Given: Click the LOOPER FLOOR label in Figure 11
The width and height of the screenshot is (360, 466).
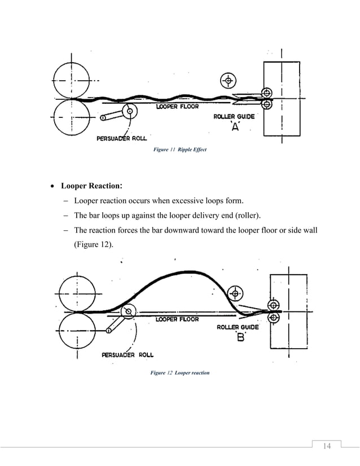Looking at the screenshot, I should (177, 107).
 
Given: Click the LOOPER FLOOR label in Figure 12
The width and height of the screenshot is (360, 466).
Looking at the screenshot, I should (177, 319).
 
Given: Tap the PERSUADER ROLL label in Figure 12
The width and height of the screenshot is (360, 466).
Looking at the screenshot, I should (128, 355).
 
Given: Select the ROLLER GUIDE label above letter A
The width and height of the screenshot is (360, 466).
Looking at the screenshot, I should (234, 117).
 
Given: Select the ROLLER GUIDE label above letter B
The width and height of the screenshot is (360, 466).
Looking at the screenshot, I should (238, 327).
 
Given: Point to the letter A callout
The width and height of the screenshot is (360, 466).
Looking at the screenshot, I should (236, 128).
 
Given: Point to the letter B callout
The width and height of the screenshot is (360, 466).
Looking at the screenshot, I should (240, 338).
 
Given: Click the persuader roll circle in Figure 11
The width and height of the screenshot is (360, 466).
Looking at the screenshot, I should (130, 111).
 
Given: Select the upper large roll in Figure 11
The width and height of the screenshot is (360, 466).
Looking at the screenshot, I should (72, 81).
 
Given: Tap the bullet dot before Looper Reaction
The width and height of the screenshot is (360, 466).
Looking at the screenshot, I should (52, 186).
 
